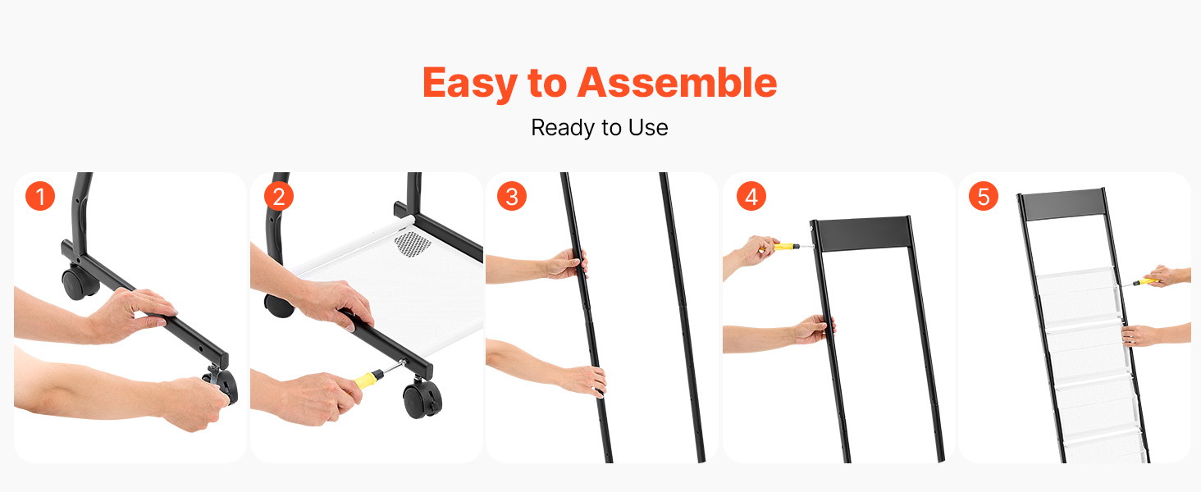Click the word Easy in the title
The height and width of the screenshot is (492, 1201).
[470, 83]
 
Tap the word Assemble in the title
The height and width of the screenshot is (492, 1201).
[677, 82]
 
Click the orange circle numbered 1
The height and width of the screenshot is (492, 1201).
[40, 196]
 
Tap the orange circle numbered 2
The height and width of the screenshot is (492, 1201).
[279, 196]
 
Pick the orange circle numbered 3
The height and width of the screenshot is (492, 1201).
[512, 196]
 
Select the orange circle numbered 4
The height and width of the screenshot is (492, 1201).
[751, 196]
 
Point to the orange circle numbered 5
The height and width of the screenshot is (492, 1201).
[984, 196]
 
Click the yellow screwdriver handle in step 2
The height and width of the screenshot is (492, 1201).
[366, 382]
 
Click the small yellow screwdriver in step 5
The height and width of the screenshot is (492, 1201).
[1141, 281]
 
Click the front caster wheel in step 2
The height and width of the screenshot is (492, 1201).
[422, 398]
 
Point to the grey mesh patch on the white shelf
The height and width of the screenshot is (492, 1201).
[413, 244]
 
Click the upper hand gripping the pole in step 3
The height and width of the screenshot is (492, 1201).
[566, 265]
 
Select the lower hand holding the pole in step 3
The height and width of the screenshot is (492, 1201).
[583, 380]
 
